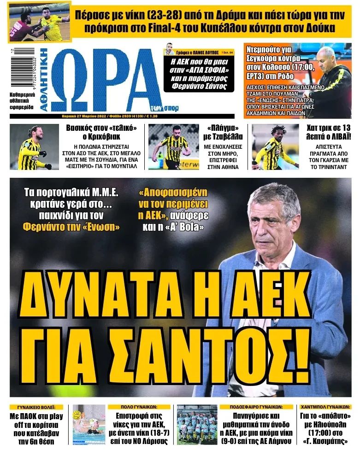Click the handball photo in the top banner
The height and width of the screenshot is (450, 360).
point(39,22)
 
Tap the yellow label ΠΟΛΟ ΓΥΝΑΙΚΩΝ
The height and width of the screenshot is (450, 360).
point(140,407)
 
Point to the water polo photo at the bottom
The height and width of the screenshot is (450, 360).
point(89,425)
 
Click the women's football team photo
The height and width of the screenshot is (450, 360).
point(197,425)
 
